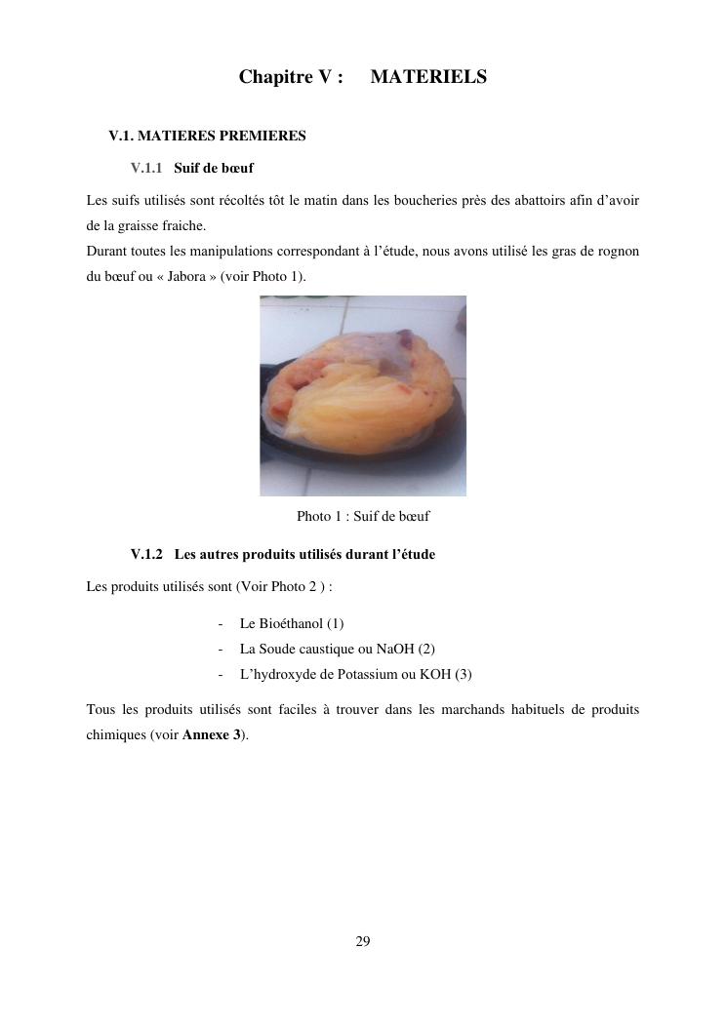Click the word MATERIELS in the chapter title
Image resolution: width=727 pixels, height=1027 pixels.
pyautogui.click(x=428, y=77)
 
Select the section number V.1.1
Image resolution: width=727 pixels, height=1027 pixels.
pyautogui.click(x=145, y=168)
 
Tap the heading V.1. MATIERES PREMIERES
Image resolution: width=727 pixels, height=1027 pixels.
pyautogui.click(x=207, y=137)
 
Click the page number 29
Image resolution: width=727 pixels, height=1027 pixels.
pyautogui.click(x=363, y=941)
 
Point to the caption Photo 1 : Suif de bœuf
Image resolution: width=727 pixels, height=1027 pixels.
pyautogui.click(x=363, y=516)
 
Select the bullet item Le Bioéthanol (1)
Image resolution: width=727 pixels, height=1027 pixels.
pyautogui.click(x=291, y=623)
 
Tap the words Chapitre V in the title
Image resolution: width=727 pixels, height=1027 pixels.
pyautogui.click(x=291, y=77)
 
